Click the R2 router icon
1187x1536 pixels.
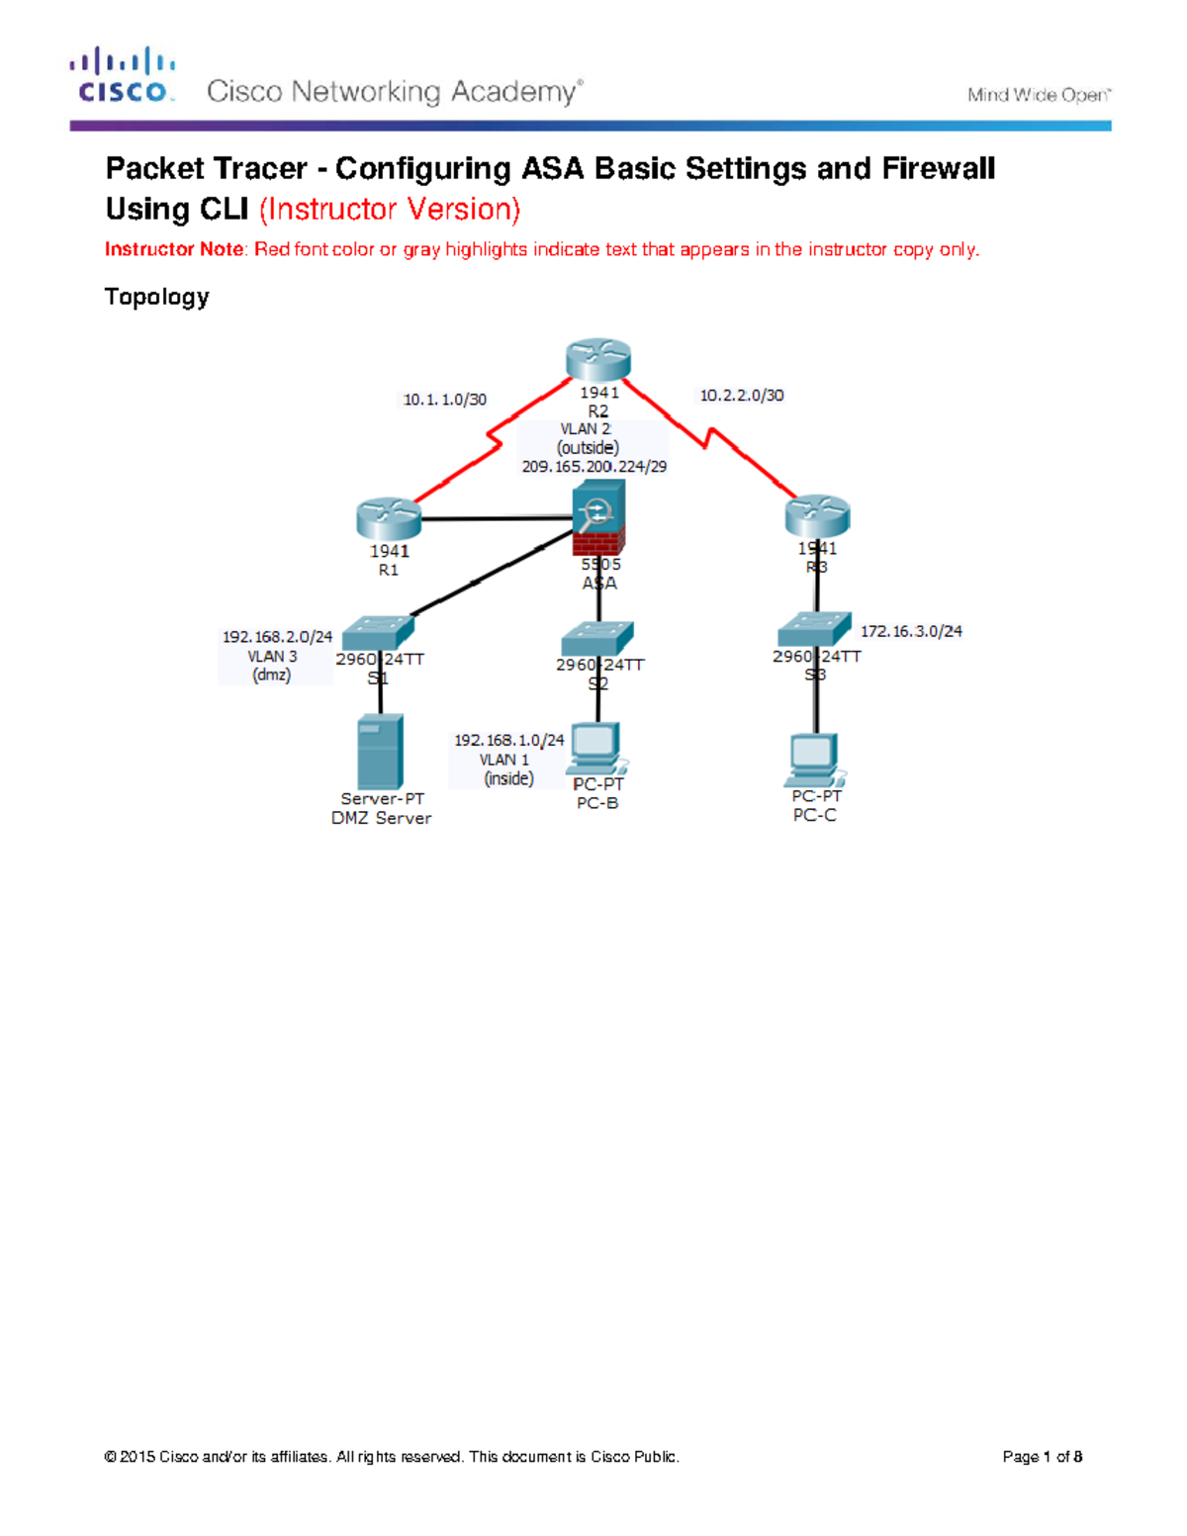click(x=598, y=360)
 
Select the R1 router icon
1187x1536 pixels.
click(x=389, y=519)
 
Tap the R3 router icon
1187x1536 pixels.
click(x=817, y=516)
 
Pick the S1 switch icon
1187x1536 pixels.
click(x=378, y=632)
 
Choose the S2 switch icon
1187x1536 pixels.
click(x=596, y=638)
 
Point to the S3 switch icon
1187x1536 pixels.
click(x=814, y=629)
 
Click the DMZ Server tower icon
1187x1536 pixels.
click(x=380, y=752)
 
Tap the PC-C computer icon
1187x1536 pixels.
click(x=815, y=761)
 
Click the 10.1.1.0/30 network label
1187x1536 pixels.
click(x=445, y=400)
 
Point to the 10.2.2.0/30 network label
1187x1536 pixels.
click(x=742, y=396)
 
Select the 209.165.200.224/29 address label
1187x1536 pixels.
click(x=594, y=467)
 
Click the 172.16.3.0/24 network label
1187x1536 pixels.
click(x=911, y=631)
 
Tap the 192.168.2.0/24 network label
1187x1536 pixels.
click(x=277, y=637)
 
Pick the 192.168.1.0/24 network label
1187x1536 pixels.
click(x=508, y=740)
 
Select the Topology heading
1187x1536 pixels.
click(x=156, y=297)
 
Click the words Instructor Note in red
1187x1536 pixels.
click(x=173, y=249)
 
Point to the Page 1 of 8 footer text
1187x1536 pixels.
click(x=1042, y=1456)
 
